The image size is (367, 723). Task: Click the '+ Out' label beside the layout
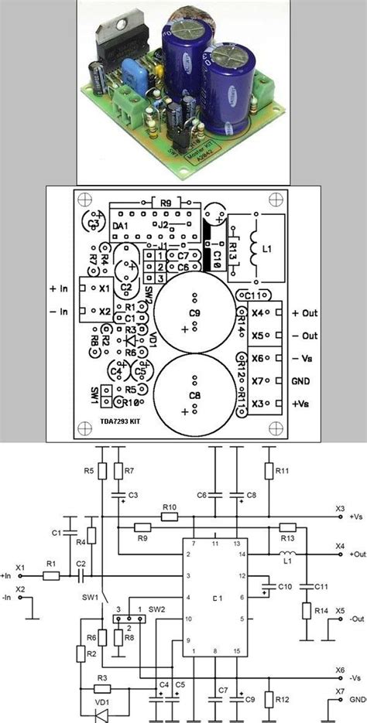point(305,313)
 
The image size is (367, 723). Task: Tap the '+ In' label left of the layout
point(59,288)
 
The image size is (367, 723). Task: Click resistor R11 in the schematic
point(269,471)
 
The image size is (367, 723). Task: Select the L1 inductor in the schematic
point(286,554)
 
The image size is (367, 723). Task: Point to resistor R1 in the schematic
point(51,575)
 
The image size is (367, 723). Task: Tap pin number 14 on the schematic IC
point(242,554)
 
